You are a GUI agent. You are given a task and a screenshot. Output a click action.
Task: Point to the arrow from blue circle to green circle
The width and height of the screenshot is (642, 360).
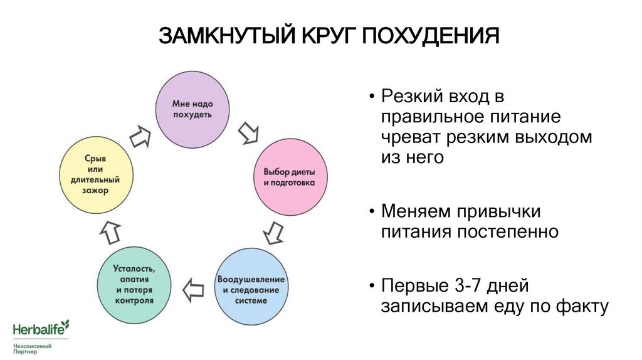pos(193,290)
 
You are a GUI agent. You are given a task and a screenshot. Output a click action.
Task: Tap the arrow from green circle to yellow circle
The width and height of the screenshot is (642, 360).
pos(112,231)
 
